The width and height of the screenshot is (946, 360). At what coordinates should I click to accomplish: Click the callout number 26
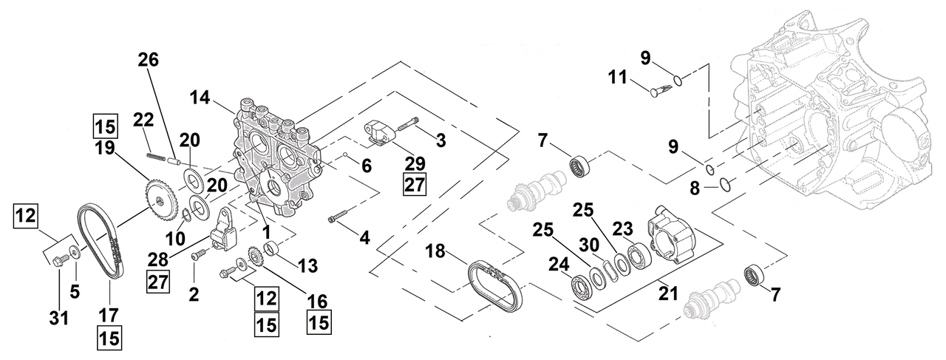click(x=148, y=61)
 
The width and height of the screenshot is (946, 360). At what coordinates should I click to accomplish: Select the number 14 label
click(x=200, y=97)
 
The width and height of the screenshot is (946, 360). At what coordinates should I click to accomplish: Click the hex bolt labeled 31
click(x=62, y=258)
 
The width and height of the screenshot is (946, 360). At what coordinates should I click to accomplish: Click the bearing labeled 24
click(x=587, y=285)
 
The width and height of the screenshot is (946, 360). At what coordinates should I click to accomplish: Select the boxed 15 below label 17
click(x=109, y=339)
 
